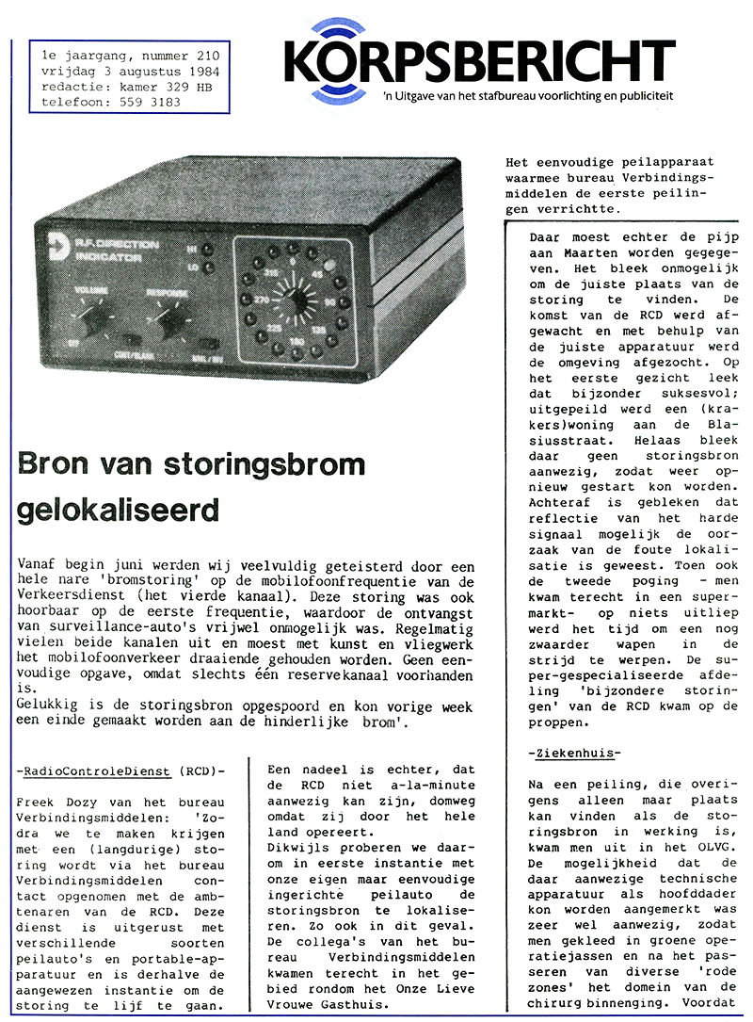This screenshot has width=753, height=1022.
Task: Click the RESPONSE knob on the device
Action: (173, 324)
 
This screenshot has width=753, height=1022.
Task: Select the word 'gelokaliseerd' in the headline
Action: (118, 510)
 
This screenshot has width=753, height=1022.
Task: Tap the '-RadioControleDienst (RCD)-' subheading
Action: (122, 771)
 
